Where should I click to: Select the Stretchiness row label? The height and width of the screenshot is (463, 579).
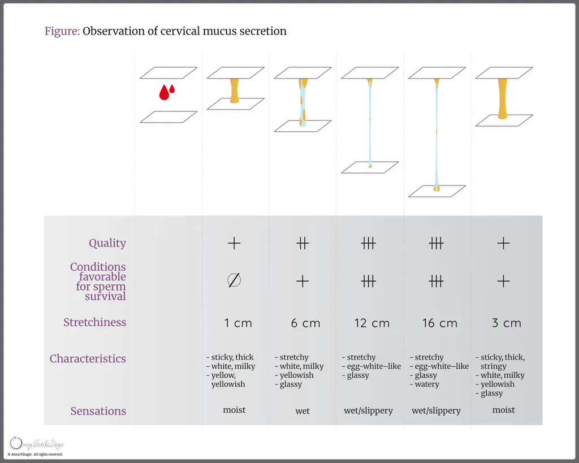point(94,323)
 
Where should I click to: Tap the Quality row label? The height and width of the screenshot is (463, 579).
point(107,243)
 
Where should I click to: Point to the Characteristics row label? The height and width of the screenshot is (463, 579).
point(88,359)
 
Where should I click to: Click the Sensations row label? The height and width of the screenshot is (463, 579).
point(98,411)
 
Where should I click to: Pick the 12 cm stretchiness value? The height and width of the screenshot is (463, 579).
point(371,323)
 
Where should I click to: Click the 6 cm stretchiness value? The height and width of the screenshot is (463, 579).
point(305,323)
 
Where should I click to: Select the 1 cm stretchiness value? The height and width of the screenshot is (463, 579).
point(238,323)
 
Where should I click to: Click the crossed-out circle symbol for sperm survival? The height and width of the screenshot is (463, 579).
point(234,280)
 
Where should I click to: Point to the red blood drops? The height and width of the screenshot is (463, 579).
point(167,92)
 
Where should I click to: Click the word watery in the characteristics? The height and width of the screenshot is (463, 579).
point(427,384)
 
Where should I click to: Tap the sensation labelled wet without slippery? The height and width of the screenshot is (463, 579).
point(303,411)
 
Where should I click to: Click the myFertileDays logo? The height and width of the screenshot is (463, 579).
point(37,444)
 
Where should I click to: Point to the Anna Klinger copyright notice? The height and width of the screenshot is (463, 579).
point(35,455)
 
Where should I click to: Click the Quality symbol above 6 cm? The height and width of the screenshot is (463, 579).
point(303,244)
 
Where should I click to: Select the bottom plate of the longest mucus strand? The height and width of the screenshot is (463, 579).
point(437,191)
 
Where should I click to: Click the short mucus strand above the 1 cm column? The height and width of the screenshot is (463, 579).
point(235,90)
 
